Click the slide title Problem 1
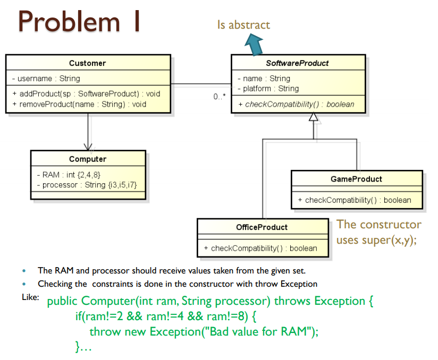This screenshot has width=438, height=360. point(80,22)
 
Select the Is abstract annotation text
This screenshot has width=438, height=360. point(243,24)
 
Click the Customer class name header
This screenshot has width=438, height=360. point(88,63)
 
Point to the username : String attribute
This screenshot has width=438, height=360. point(46,79)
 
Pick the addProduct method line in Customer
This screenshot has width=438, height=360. point(86,94)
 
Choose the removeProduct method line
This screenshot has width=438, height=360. point(79,104)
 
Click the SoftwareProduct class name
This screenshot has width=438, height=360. point(298,63)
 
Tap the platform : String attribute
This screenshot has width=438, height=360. point(268,89)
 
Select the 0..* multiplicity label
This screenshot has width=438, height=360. point(220,97)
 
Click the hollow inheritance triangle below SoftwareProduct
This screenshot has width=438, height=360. point(314,117)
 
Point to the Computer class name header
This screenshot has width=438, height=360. point(88,159)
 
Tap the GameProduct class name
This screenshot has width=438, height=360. point(356,179)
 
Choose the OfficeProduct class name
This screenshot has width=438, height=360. point(262,227)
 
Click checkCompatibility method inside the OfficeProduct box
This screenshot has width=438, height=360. point(260,248)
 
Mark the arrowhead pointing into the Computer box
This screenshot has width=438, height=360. point(88,146)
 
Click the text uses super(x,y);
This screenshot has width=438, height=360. point(377,240)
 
